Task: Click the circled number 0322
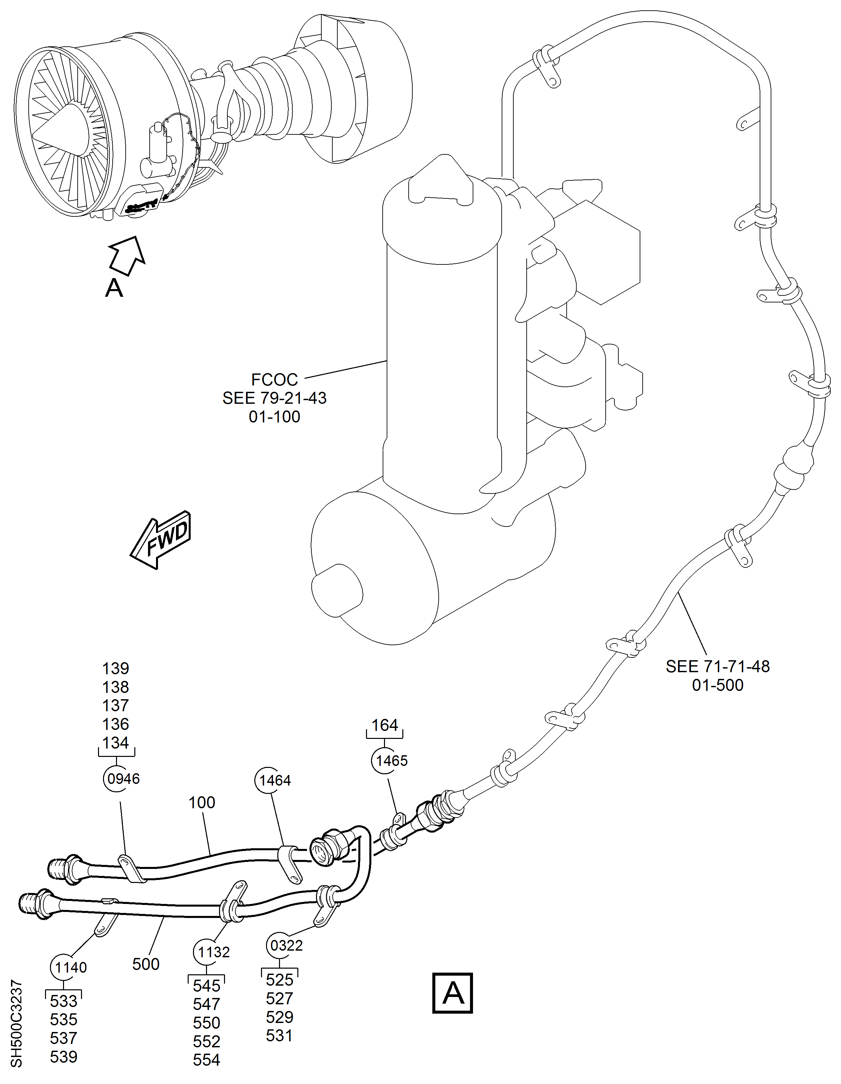[286, 946]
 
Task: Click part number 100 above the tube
[201, 803]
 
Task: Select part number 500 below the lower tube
[145, 964]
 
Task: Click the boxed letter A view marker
[453, 993]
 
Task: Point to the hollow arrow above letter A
[127, 254]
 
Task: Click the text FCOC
[274, 380]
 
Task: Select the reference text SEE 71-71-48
[717, 667]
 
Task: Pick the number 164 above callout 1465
[385, 725]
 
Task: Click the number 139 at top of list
[116, 669]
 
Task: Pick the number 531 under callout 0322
[279, 1036]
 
